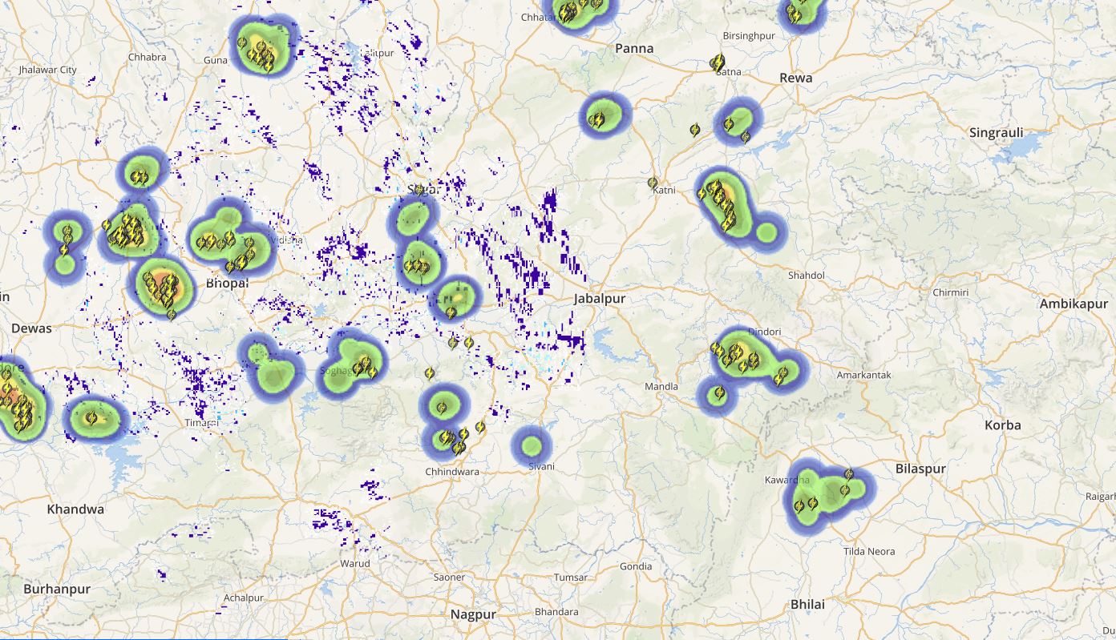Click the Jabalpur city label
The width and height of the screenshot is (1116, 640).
click(x=599, y=299)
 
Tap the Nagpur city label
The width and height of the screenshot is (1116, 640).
click(x=473, y=614)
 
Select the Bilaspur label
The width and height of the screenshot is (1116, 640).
click(x=920, y=469)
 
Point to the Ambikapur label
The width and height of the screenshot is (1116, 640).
click(x=1074, y=304)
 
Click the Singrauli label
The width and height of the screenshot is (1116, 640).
click(x=997, y=133)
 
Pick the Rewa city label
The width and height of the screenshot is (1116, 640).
click(x=795, y=78)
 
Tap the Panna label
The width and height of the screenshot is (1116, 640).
click(x=634, y=48)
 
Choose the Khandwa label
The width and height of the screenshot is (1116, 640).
click(x=75, y=509)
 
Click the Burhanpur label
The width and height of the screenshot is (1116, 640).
click(x=57, y=589)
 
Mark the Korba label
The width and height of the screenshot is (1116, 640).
click(x=1003, y=425)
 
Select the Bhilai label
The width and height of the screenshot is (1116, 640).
click(x=807, y=604)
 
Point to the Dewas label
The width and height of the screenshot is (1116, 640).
click(x=31, y=328)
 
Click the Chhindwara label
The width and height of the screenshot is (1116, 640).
click(x=452, y=472)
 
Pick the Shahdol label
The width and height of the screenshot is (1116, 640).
click(x=807, y=275)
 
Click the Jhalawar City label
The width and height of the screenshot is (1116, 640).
click(x=47, y=70)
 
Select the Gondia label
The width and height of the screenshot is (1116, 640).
click(x=636, y=566)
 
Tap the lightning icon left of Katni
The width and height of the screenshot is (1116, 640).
click(x=653, y=183)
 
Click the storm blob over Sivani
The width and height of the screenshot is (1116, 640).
click(x=532, y=445)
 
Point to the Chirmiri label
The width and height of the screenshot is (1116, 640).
click(x=951, y=292)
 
